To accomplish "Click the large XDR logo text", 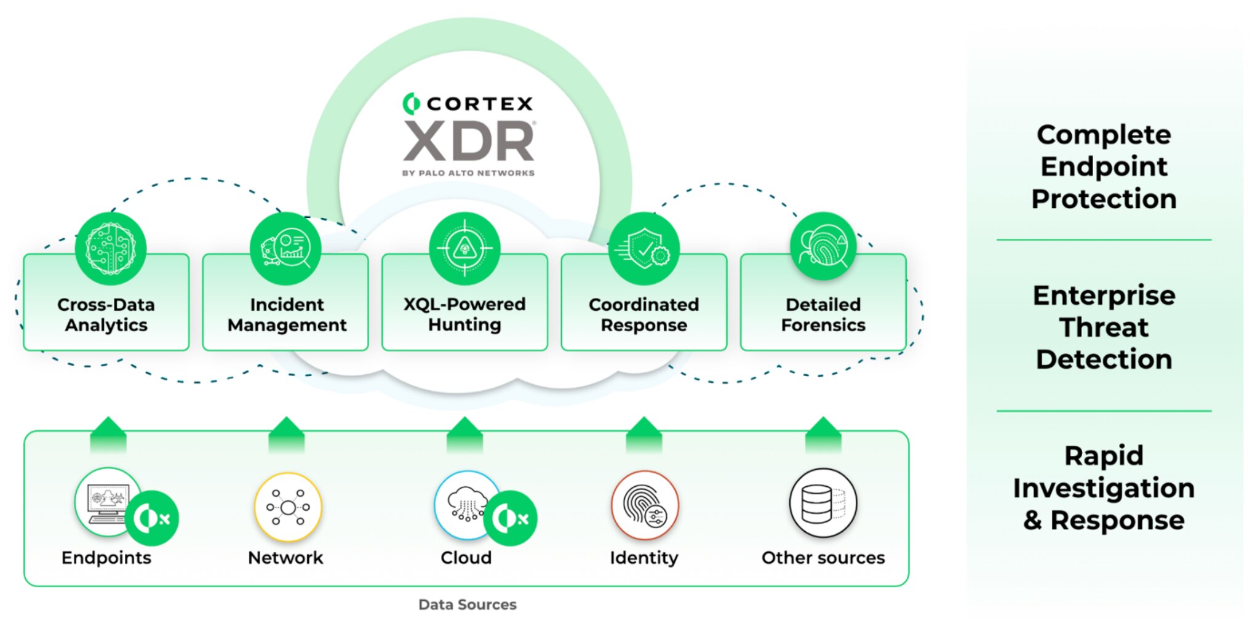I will (x=469, y=141).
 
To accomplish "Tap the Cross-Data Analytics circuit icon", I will (x=111, y=248).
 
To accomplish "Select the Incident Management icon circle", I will (x=285, y=248).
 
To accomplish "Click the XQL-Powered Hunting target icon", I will (x=464, y=248).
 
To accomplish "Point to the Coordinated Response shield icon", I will (x=643, y=249).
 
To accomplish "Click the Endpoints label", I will (x=106, y=558).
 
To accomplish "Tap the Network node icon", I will (x=288, y=507).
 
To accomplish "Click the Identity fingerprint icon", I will (x=644, y=505).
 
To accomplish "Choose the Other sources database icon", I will (x=823, y=503).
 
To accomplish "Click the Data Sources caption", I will (x=468, y=604).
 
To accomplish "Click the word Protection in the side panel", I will (x=1104, y=199).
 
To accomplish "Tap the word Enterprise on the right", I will (x=1104, y=295).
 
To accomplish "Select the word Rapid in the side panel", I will (x=1104, y=456).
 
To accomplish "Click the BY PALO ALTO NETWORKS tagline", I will (x=468, y=173).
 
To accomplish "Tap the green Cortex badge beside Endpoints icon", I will (x=153, y=518).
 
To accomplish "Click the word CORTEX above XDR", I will (x=480, y=104).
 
